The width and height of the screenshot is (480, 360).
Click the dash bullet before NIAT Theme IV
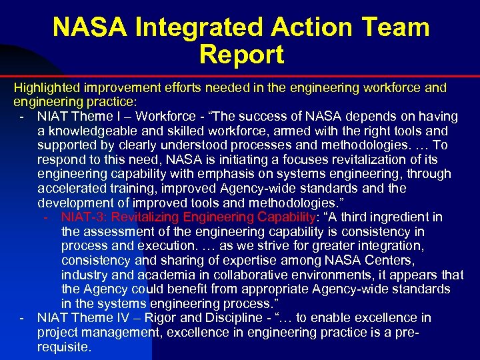pos(23,318)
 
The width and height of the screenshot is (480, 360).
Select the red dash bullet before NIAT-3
pos(46,217)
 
